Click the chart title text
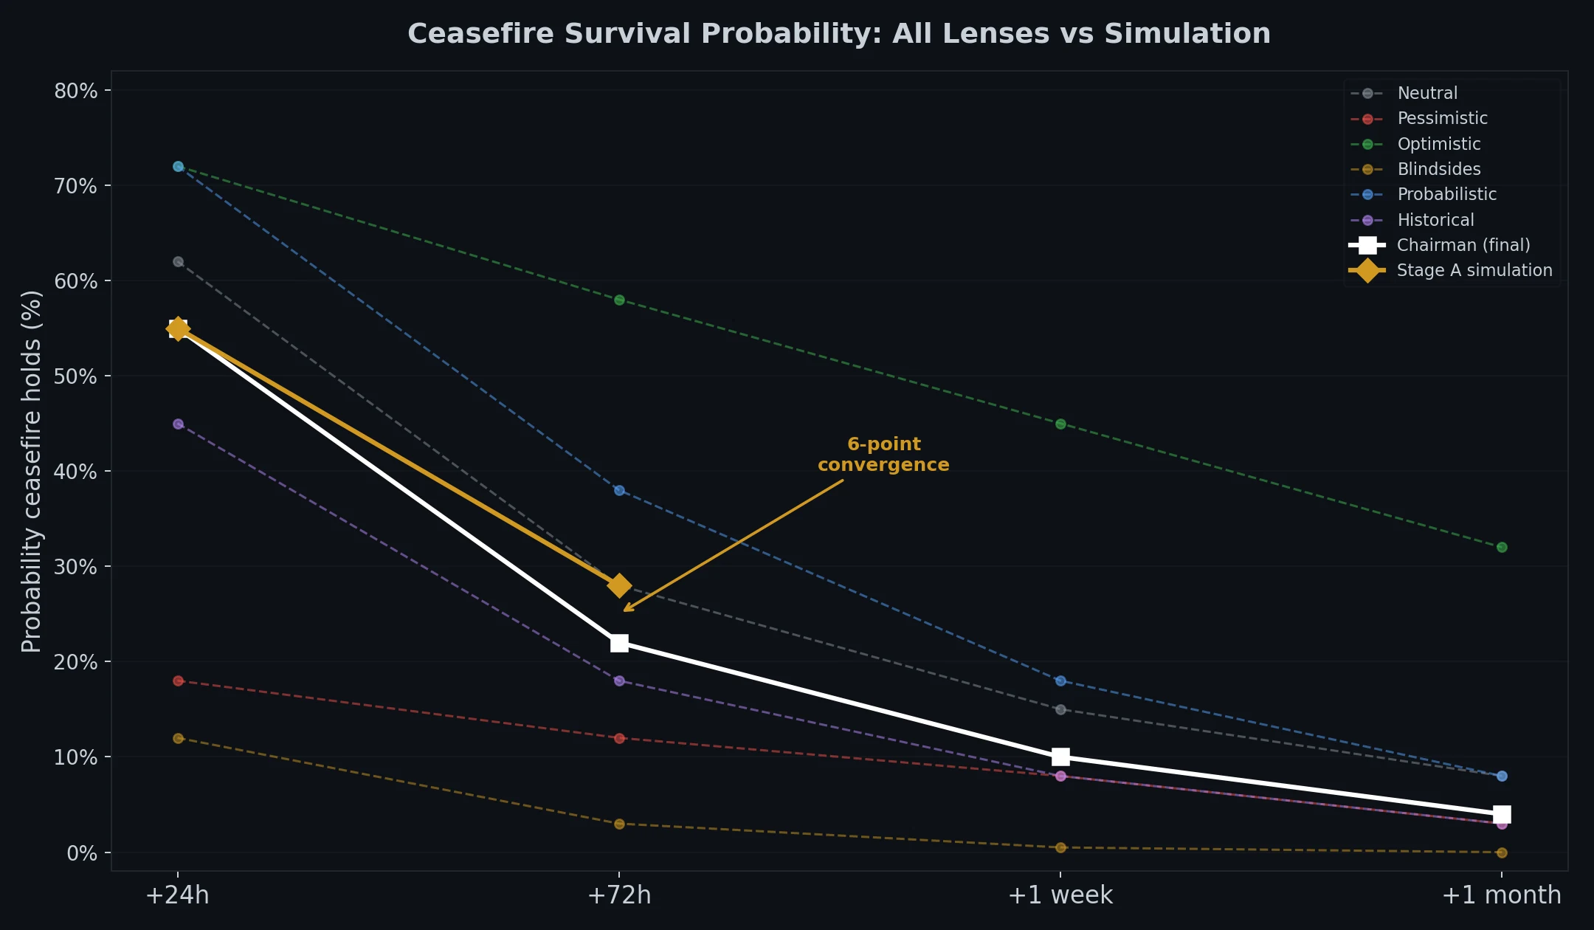pyautogui.click(x=839, y=34)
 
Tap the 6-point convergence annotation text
pyautogui.click(x=883, y=455)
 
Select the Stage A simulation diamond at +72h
pyautogui.click(x=619, y=585)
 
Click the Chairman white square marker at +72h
pyautogui.click(x=619, y=643)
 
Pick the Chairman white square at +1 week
pyautogui.click(x=1060, y=757)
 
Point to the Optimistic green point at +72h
pyautogui.click(x=619, y=300)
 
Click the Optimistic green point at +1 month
pyautogui.click(x=1502, y=547)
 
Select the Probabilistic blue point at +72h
pyautogui.click(x=619, y=490)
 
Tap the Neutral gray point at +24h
pyautogui.click(x=178, y=261)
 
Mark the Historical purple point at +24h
pyautogui.click(x=178, y=424)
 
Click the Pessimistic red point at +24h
pyautogui.click(x=178, y=681)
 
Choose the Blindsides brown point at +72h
pyautogui.click(x=619, y=824)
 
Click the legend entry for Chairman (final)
pyautogui.click(x=1463, y=245)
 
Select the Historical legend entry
pyautogui.click(x=1435, y=220)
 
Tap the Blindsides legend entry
pyautogui.click(x=1438, y=169)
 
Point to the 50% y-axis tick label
pyautogui.click(x=75, y=376)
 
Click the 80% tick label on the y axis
pyautogui.click(x=75, y=91)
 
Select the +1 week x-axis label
pyautogui.click(x=1060, y=895)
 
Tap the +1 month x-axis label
pyautogui.click(x=1502, y=895)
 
